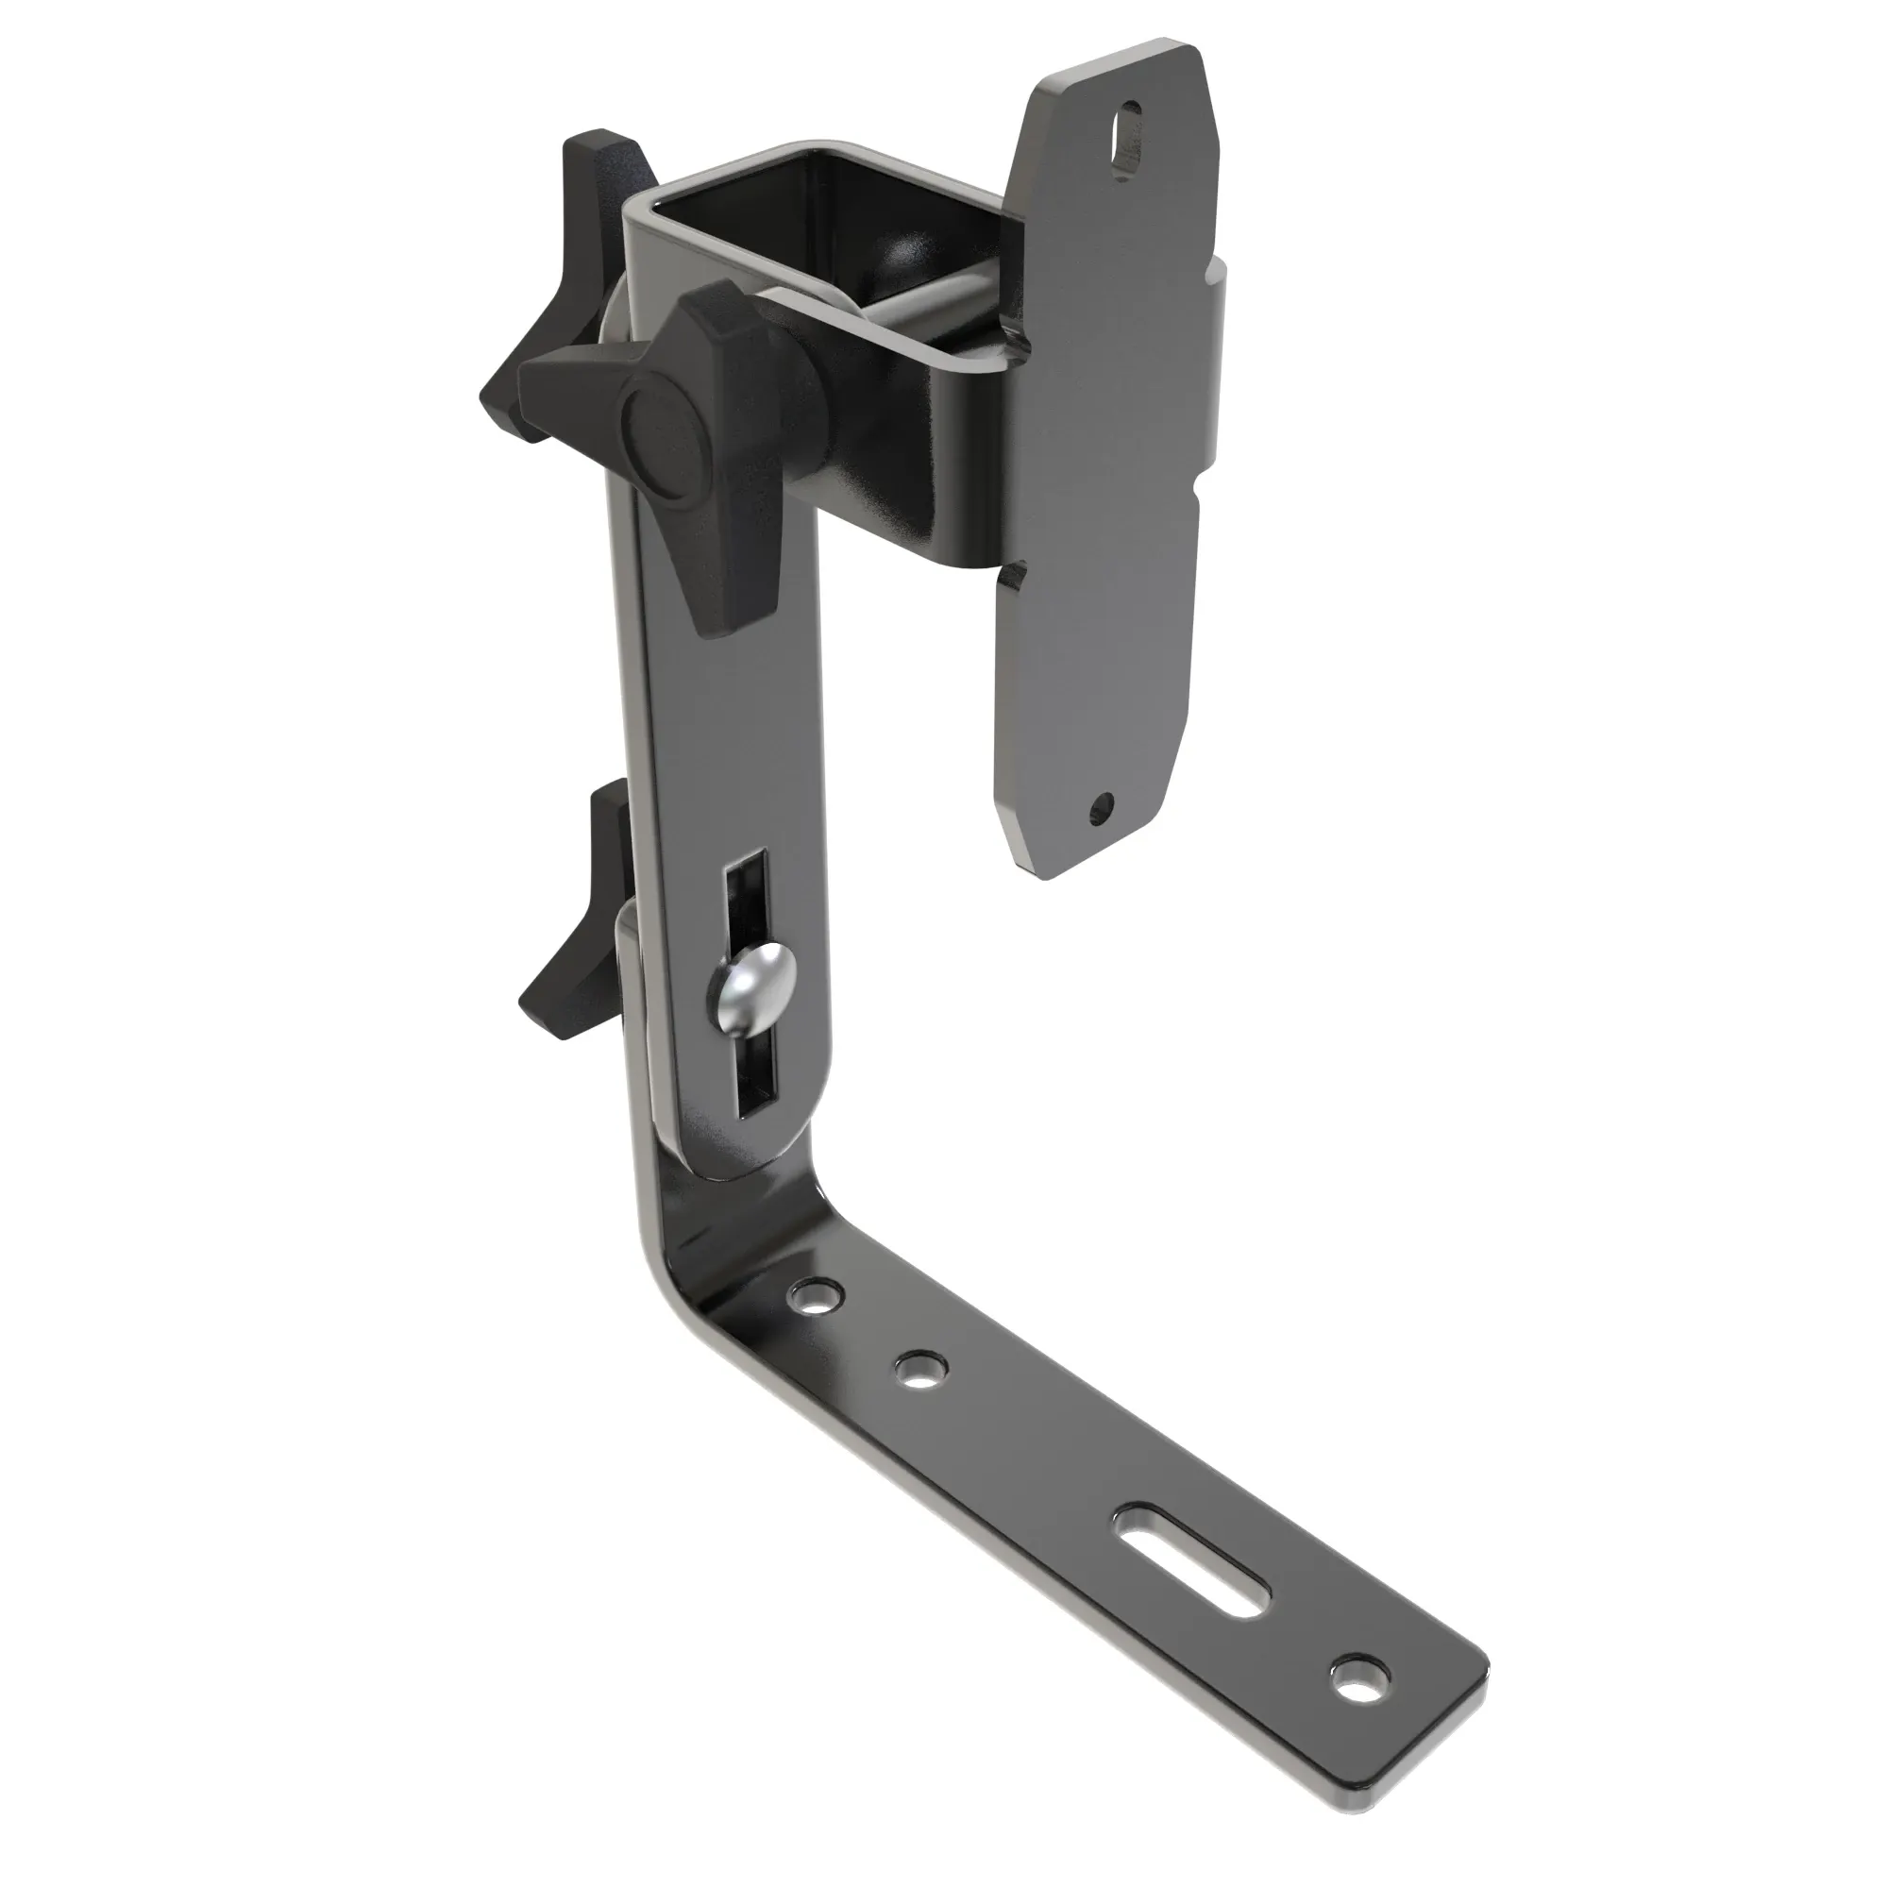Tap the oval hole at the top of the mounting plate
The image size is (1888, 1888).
tap(1127, 121)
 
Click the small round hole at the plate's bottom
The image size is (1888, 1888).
tap(1103, 807)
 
